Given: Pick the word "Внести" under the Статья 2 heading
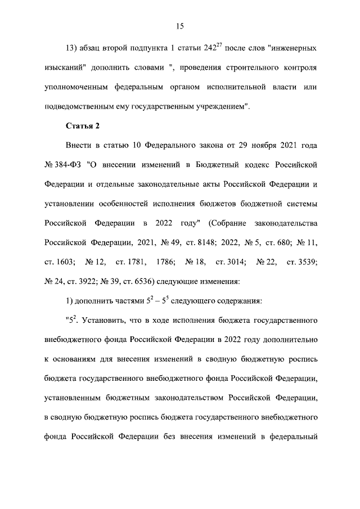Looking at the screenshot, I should [x=79, y=145].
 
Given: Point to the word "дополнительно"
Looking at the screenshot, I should [x=293, y=340].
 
